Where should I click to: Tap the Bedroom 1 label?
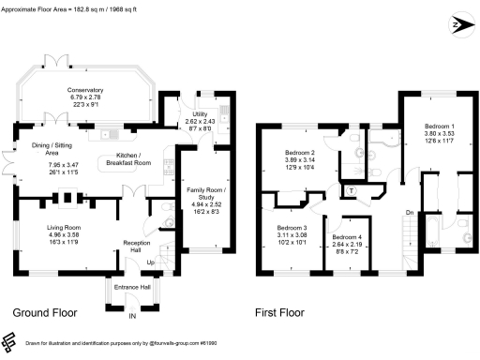tap(439, 127)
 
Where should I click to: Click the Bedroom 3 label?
tap(292, 228)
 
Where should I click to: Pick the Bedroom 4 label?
tap(346, 238)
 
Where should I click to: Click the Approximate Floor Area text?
tap(72, 6)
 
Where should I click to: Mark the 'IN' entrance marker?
tap(132, 318)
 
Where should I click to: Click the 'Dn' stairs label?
tap(410, 213)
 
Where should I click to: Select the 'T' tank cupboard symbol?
tap(351, 191)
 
